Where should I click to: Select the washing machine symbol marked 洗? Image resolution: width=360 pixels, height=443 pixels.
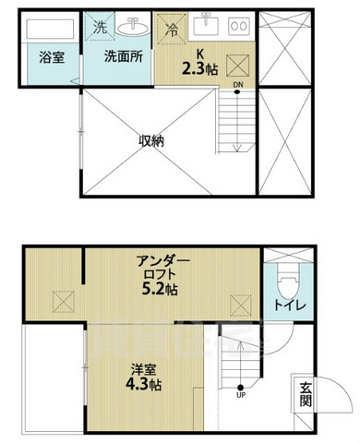click(100, 28)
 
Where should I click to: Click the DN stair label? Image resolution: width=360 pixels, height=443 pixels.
click(237, 86)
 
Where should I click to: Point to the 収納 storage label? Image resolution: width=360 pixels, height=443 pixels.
click(151, 140)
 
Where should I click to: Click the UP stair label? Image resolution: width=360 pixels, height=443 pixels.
click(241, 396)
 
